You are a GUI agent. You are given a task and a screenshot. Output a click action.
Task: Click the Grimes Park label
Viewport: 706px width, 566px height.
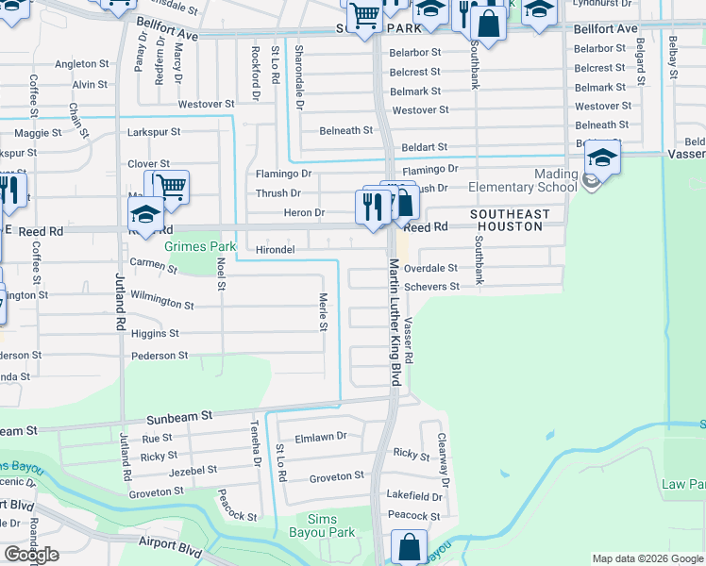[x=200, y=246]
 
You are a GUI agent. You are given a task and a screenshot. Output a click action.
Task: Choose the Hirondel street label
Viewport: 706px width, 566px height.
[x=276, y=250]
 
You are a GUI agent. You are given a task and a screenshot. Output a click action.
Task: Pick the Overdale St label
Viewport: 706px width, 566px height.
[x=430, y=268]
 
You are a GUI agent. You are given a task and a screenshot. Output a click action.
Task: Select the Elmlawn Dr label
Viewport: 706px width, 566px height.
[x=321, y=437]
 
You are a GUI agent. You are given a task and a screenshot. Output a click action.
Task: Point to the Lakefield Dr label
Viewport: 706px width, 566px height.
[x=414, y=495]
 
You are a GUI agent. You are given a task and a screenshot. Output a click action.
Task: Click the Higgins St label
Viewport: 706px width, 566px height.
[x=155, y=333]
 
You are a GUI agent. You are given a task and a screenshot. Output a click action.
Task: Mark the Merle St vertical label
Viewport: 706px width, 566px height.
[x=322, y=311]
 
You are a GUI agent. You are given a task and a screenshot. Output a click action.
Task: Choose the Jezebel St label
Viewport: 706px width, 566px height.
[x=192, y=469]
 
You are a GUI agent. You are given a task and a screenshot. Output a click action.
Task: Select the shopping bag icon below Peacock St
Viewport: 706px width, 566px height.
[x=409, y=546]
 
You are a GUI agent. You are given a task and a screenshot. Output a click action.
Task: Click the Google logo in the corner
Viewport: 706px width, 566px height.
[x=31, y=555]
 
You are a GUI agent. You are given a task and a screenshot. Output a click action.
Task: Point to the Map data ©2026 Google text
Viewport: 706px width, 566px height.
[x=647, y=558]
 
